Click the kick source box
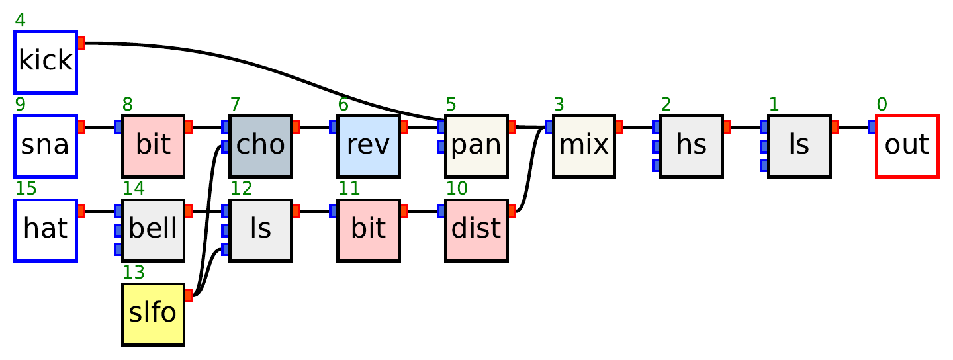(46, 62)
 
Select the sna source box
(46, 146)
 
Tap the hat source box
(46, 230)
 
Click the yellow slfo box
(153, 314)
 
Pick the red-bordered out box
(907, 146)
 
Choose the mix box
(584, 146)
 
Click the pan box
(476, 146)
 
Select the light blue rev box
(368, 146)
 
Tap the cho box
(261, 146)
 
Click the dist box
(476, 230)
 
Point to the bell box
(153, 230)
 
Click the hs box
(691, 146)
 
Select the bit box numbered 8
(153, 146)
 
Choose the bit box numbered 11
(368, 230)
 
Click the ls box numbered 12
(261, 230)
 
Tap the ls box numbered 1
(799, 146)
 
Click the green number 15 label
(26, 189)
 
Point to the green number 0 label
(882, 105)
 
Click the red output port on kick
(81, 44)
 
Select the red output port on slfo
(188, 295)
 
